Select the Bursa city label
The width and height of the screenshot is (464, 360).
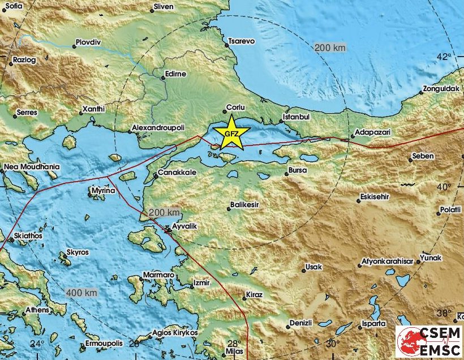[x=297, y=170]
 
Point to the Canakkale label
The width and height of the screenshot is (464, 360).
[x=177, y=172]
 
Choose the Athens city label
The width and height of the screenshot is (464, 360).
[x=36, y=310]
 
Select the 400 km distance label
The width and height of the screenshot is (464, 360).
[x=81, y=293]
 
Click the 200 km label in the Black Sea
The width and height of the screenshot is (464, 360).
[x=330, y=48]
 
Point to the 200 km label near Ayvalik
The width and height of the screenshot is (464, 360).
[x=164, y=213]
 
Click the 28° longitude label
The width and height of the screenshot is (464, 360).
[x=234, y=344]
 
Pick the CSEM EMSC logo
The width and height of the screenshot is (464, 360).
[x=428, y=341]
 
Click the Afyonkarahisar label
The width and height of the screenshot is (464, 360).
[x=389, y=262]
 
